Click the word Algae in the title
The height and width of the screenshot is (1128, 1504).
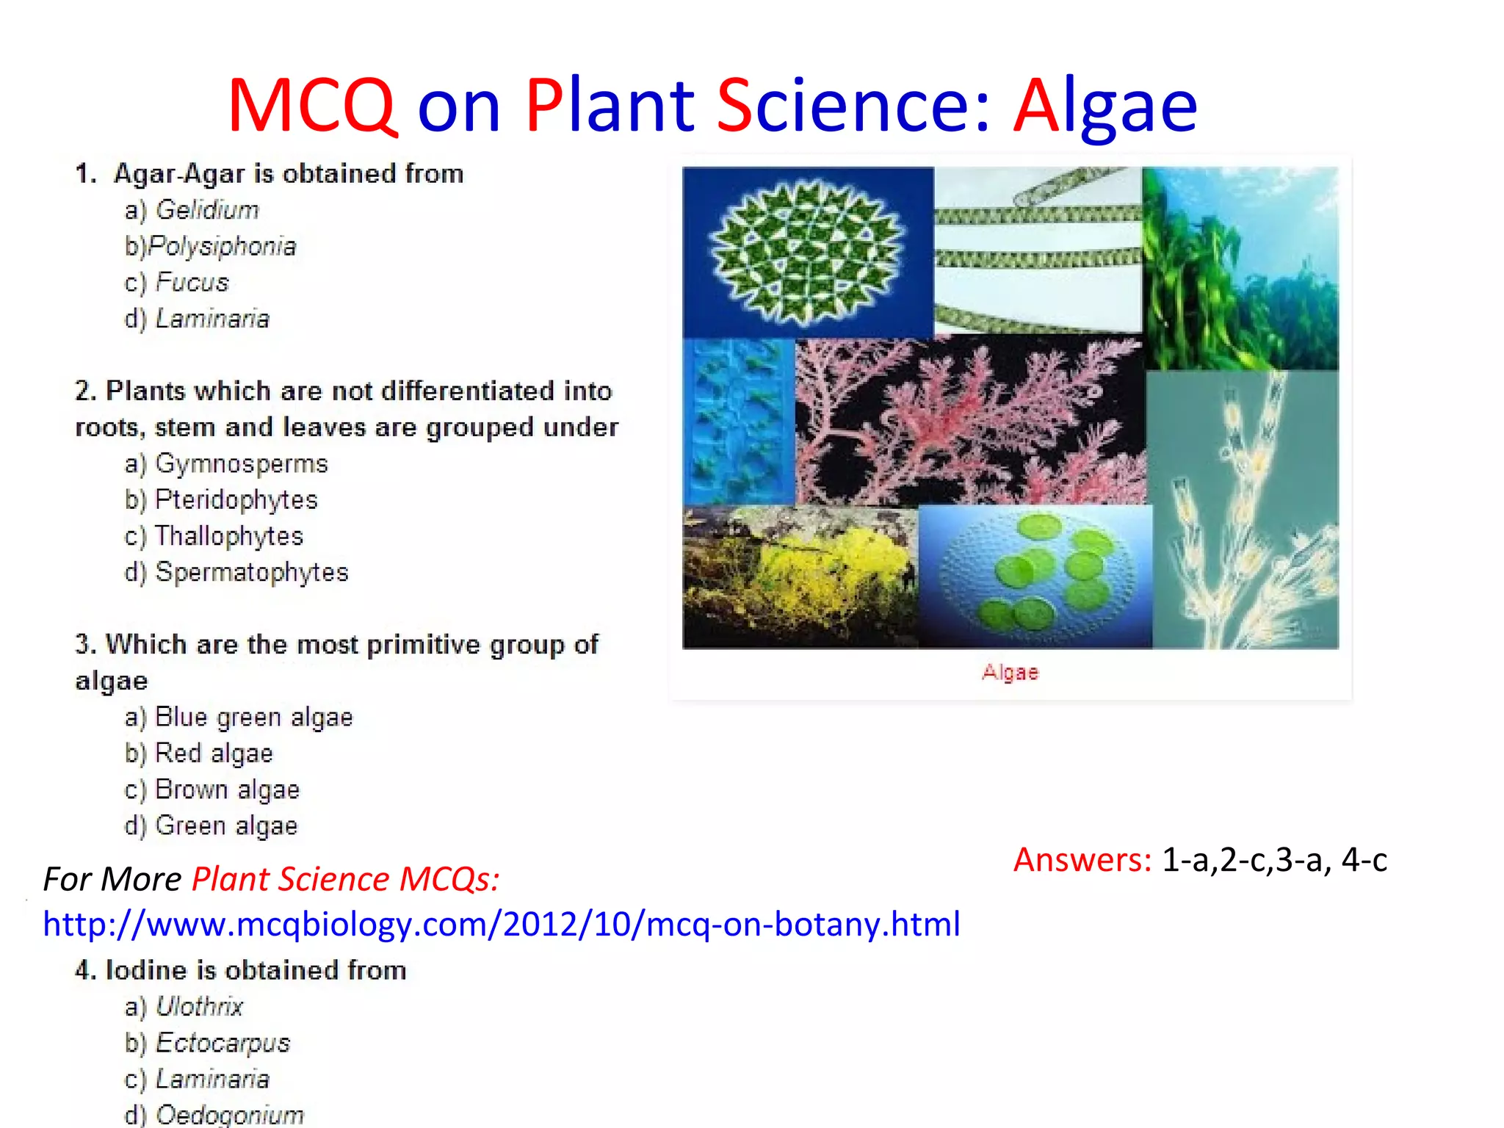1104,106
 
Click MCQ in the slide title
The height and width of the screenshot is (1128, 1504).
313,106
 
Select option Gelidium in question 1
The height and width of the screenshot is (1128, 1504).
206,210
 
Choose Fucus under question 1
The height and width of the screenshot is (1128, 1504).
192,282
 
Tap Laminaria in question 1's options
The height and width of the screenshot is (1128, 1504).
212,319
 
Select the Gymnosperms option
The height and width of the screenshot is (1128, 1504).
241,463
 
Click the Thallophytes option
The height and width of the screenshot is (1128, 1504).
228,536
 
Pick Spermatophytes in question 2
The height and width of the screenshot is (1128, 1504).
251,572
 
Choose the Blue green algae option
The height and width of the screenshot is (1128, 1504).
253,717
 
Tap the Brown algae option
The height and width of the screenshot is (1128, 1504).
227,789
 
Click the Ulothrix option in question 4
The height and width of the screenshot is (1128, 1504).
199,1006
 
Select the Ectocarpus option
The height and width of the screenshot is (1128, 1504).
223,1043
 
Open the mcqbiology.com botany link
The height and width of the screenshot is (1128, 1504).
502,924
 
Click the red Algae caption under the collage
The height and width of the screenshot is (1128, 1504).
1010,672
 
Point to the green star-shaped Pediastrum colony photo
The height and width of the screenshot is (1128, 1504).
806,251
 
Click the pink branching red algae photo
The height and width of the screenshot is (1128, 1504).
969,422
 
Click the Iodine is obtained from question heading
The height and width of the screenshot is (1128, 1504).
241,970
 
